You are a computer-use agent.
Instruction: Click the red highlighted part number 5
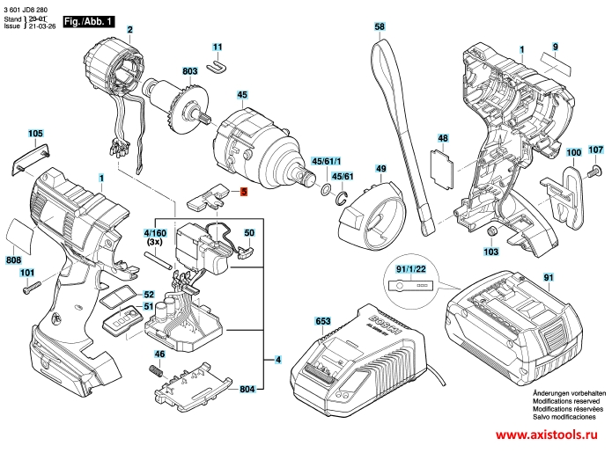click(x=244, y=191)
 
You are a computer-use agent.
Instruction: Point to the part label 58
click(x=380, y=27)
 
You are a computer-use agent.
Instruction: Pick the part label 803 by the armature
click(x=190, y=69)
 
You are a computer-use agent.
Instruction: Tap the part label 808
click(x=13, y=260)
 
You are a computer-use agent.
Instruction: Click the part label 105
click(x=34, y=134)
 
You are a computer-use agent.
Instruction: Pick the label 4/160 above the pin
click(x=155, y=232)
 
